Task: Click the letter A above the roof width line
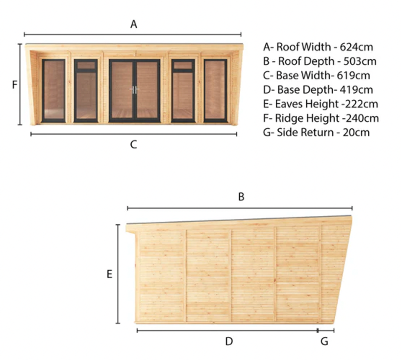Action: click(x=133, y=24)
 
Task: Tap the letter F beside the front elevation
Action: click(x=14, y=84)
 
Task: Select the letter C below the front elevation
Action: click(x=133, y=145)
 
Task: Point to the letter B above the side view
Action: click(x=241, y=197)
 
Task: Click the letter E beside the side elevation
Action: click(x=109, y=274)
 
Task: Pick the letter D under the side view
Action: click(x=229, y=342)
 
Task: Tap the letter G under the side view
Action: click(x=324, y=342)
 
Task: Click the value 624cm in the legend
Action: click(x=356, y=47)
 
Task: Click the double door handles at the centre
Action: click(x=134, y=89)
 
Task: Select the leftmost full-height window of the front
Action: click(x=54, y=91)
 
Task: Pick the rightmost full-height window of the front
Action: click(x=215, y=91)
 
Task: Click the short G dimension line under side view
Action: click(x=326, y=331)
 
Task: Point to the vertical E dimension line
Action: click(x=118, y=274)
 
